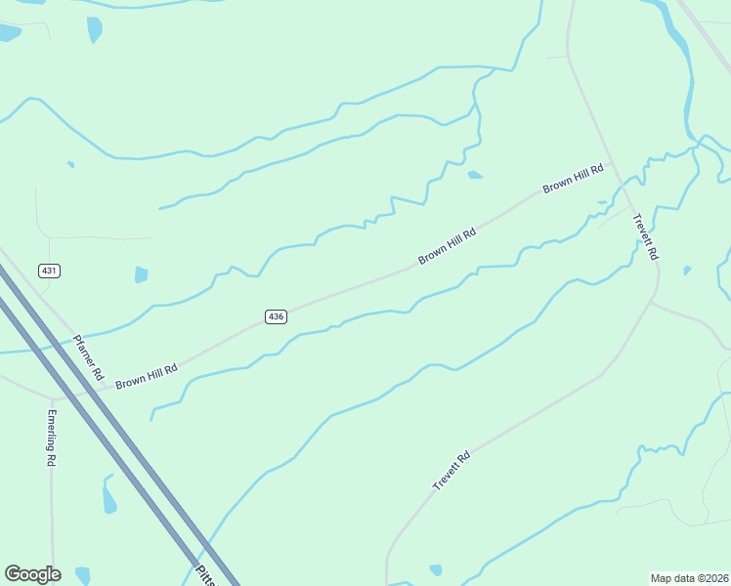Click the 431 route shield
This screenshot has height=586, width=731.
50,270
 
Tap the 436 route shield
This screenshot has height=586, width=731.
276,316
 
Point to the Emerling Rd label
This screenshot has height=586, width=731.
51,437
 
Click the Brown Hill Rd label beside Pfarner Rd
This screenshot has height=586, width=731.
147,376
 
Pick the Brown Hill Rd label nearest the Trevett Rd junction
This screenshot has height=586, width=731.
574,178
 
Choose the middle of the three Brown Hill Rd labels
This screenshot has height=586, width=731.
447,246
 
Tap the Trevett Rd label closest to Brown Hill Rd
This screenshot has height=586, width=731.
645,236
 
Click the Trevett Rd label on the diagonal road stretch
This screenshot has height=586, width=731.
451,471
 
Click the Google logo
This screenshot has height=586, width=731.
32,574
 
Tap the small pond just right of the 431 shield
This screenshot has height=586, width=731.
141,274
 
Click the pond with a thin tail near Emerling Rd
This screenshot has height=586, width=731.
108,497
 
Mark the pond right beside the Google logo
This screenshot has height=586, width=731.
83,575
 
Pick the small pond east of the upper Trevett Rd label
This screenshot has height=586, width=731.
687,271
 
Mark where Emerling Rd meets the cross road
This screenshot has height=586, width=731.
52,399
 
